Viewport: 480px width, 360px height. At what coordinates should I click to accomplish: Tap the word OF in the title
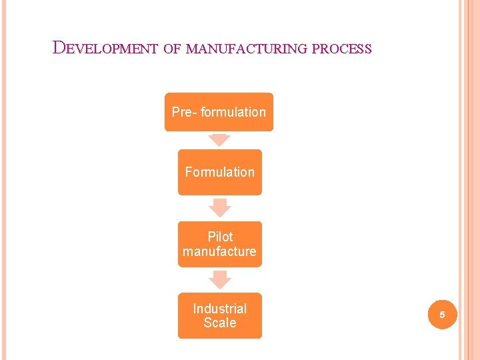172,49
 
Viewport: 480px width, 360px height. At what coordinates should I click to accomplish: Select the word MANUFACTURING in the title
247,49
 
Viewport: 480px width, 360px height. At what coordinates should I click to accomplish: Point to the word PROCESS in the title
341,49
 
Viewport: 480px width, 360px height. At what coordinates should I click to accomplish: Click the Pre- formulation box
219,112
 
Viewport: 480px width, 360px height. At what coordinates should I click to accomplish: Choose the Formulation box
219,172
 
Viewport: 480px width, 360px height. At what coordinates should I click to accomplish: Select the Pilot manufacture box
219,244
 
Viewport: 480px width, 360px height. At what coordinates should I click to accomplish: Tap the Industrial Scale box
219,315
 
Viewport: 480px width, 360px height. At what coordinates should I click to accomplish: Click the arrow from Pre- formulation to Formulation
219,140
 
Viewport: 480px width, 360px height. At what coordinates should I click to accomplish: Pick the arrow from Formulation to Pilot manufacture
219,207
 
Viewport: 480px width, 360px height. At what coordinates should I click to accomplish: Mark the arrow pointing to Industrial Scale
219,279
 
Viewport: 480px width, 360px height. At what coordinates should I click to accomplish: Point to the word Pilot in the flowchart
220,237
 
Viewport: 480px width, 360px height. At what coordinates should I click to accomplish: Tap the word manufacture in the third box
219,251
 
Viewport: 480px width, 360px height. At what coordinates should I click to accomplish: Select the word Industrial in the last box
219,309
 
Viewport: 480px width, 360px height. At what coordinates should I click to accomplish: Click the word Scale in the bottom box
219,323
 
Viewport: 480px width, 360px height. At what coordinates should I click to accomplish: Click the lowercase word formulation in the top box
233,112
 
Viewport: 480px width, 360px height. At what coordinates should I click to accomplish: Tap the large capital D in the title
59,47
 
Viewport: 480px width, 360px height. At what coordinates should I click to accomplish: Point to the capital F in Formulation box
189,172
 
